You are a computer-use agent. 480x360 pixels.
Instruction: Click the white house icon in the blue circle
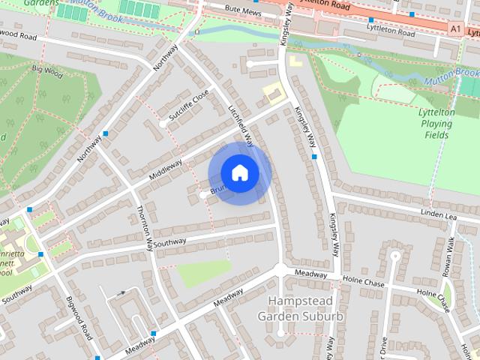pyautogui.click(x=239, y=172)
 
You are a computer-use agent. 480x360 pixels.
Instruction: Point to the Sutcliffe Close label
pyautogui.click(x=188, y=106)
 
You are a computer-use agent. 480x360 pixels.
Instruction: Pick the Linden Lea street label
pyautogui.click(x=439, y=215)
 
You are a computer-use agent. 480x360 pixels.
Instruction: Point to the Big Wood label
pyautogui.click(x=46, y=72)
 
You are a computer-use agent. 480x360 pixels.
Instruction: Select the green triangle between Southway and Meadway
pyautogui.click(x=202, y=273)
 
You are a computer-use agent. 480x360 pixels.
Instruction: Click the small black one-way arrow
pyautogui.click(x=121, y=293)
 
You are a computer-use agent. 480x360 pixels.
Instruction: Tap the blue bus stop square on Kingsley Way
pyautogui.click(x=315, y=157)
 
